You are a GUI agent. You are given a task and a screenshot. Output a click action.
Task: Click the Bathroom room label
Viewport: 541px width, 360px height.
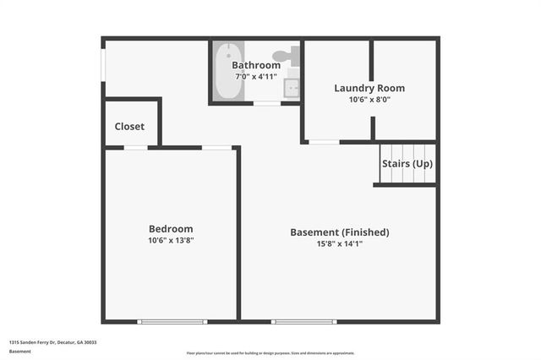[256, 65]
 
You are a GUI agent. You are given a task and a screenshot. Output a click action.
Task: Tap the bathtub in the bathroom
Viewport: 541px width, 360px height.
[224, 72]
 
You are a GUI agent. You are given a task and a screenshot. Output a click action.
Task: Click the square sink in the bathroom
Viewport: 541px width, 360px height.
[292, 87]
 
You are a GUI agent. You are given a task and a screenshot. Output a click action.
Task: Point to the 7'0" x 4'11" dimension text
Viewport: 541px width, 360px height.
[256, 77]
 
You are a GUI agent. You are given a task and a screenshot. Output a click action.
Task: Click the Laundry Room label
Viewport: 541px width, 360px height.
[369, 88]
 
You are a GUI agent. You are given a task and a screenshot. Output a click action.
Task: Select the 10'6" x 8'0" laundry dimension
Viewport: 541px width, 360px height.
[369, 99]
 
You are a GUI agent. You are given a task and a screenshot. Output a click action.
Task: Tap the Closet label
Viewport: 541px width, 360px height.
[129, 127]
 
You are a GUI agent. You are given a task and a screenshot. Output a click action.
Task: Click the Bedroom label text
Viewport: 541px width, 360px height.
[171, 228]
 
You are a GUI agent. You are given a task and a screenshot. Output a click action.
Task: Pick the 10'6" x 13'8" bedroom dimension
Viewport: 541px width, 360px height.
[171, 240]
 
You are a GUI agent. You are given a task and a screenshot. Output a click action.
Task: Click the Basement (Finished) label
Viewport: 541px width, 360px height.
[339, 232]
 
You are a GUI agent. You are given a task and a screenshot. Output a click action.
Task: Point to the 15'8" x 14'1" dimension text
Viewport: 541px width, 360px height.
[339, 243]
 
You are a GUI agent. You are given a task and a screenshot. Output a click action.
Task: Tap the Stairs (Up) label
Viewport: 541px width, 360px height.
[407, 163]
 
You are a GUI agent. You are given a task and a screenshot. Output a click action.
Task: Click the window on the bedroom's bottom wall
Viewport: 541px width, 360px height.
[172, 321]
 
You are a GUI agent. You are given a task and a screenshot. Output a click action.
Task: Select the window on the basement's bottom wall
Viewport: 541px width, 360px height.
[303, 321]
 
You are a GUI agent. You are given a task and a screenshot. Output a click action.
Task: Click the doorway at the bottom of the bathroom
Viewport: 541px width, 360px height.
[268, 103]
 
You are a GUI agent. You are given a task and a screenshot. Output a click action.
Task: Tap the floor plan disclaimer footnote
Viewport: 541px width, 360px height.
[270, 353]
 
